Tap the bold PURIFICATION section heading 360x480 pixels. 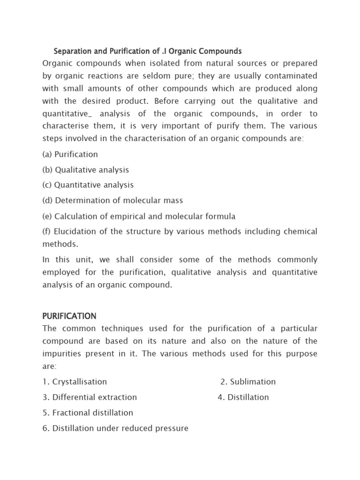(x=69, y=316)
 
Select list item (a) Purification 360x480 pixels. (x=70, y=154)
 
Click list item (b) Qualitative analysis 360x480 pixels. (x=85, y=170)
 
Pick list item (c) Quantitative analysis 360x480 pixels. (x=88, y=185)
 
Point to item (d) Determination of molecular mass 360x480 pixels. (x=112, y=201)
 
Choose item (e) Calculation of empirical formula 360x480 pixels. (x=139, y=217)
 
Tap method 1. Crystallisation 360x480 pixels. (x=75, y=382)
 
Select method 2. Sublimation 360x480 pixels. (x=248, y=382)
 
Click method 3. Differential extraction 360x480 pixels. (x=90, y=397)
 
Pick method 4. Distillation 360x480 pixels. (x=243, y=397)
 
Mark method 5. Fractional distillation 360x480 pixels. (x=88, y=413)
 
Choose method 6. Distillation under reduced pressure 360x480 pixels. (x=115, y=428)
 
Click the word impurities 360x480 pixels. (x=63, y=354)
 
